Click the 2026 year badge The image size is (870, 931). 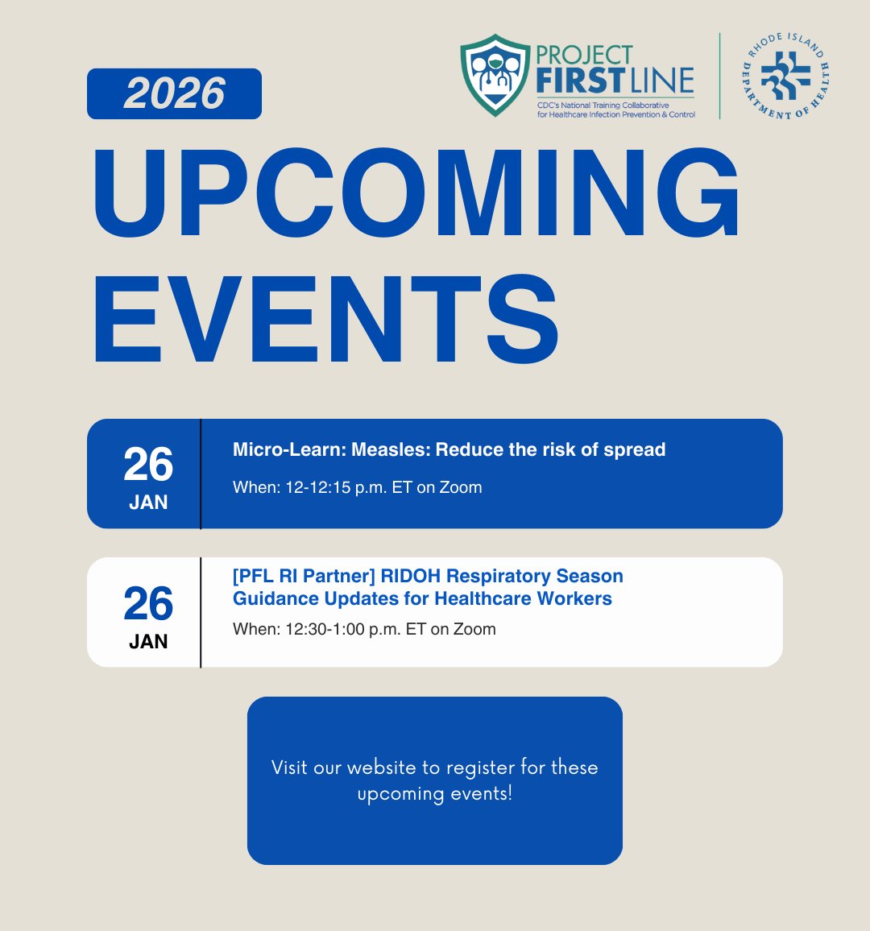point(174,94)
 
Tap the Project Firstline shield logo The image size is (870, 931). point(495,74)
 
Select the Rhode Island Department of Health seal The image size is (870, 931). point(785,77)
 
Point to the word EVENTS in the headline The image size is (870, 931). point(325,321)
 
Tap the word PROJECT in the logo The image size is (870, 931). point(584,55)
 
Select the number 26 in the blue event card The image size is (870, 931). point(148,465)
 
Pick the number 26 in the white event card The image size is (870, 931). point(148,604)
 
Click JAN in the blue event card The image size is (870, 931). point(148,503)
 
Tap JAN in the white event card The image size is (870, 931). point(148,642)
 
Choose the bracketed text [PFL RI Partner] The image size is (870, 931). point(304,577)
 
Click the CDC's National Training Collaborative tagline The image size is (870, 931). point(604,106)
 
